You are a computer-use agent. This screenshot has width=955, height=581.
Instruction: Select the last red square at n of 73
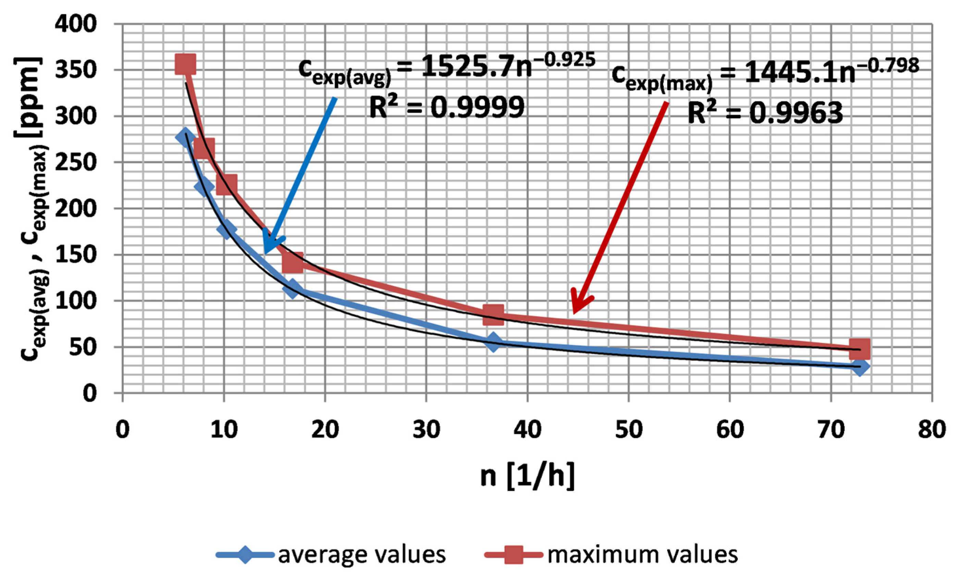(x=859, y=348)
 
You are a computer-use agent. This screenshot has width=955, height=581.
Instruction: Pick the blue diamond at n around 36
(x=493, y=341)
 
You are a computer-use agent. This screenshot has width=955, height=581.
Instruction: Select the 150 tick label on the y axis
(x=76, y=254)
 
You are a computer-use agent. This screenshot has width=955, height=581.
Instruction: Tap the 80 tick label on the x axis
(x=932, y=430)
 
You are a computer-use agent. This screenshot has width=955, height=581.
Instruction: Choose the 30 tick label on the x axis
(x=426, y=430)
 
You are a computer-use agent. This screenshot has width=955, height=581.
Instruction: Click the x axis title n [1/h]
(x=527, y=476)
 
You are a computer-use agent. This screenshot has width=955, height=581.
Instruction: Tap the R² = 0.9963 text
(x=765, y=113)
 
